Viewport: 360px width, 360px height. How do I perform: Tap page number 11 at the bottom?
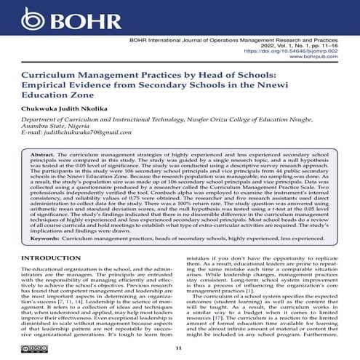pyautogui.click(x=180, y=348)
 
